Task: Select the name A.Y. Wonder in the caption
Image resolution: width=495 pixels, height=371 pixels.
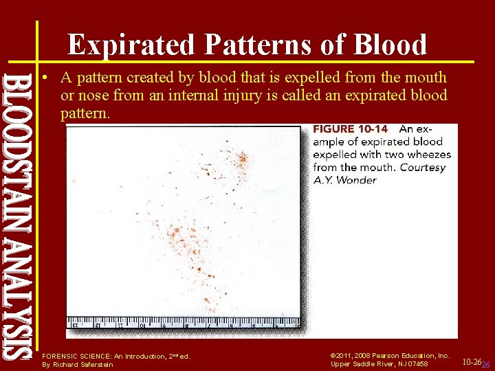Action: point(344,180)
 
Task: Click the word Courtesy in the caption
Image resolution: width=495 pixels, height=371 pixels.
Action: point(423,167)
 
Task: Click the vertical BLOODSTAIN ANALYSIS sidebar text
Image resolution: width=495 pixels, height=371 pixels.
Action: point(19,213)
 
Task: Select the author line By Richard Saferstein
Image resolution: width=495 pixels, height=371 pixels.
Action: point(78,364)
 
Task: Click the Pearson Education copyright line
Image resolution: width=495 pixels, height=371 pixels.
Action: point(390,356)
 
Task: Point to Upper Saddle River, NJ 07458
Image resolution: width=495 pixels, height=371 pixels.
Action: point(379,364)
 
